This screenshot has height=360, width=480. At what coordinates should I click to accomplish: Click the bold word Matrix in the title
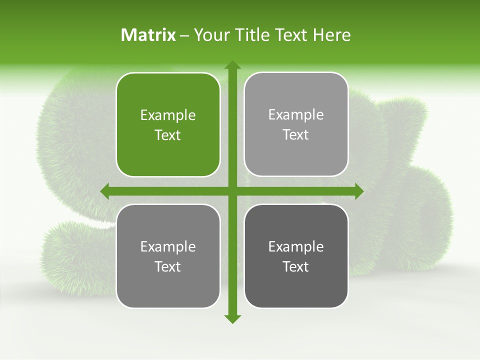coord(148,35)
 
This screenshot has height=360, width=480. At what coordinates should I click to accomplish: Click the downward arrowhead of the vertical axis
coord(232,318)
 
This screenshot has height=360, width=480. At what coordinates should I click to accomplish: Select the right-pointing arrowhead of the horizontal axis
coord(358,191)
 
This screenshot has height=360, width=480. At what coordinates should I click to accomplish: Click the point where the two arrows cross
coord(232,191)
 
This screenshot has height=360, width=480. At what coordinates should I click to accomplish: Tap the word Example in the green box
coord(168,115)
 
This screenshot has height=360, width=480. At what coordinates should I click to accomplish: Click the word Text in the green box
coord(168,135)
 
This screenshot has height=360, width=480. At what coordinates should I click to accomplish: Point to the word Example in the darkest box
coord(296,246)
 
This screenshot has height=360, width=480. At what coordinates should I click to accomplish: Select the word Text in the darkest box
coord(296,267)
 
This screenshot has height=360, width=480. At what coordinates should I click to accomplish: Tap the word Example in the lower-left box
coord(168,246)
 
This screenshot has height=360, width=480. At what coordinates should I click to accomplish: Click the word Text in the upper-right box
coord(296,135)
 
